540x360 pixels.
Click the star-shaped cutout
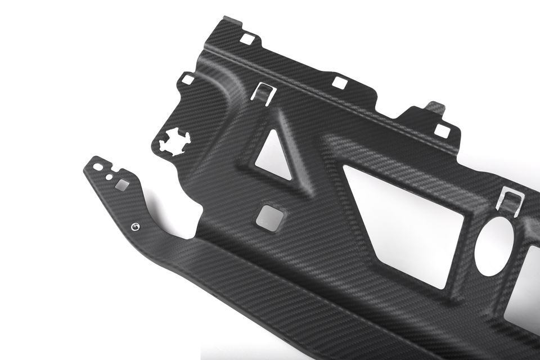click(174, 142)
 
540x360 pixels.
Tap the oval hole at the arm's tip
click(97, 167)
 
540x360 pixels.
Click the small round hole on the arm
click(109, 177)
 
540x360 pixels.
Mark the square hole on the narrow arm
click(121, 184)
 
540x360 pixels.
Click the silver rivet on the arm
click(134, 227)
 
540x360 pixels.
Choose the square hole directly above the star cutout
click(188, 80)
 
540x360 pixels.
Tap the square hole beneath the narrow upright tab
click(442, 131)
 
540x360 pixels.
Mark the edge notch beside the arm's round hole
click(116, 169)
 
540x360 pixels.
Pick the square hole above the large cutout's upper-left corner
click(339, 82)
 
